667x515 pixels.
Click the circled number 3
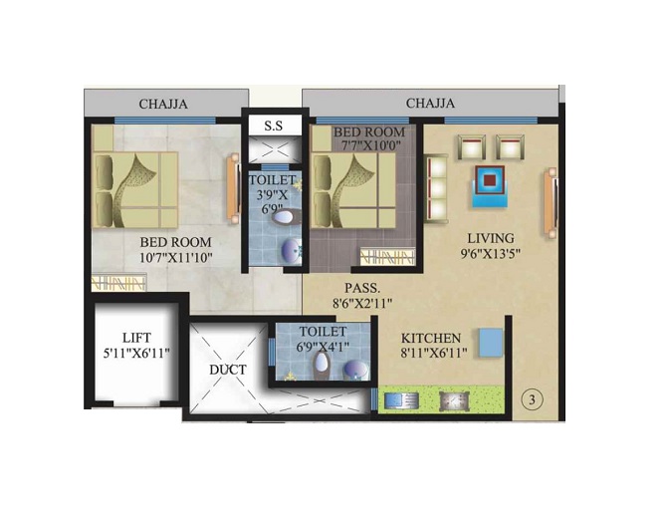coord(532,400)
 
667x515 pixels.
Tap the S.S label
coord(273,126)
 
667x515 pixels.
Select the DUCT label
coord(228,370)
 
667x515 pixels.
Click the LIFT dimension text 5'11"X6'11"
coord(136,353)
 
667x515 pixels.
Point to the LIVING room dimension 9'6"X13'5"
coord(491,254)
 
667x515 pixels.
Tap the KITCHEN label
coord(431,339)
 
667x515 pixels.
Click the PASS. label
coord(362,288)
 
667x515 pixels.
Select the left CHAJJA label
coord(163,104)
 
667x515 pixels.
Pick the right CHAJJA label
coord(430,103)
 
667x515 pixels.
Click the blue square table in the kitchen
coord(491,343)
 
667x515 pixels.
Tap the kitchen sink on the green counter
coord(401,400)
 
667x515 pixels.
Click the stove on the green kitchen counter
coord(454,400)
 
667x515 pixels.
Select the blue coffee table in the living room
coord(490,186)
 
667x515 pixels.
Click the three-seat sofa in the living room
coord(436,188)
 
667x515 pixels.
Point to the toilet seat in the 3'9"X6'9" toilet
coord(287,217)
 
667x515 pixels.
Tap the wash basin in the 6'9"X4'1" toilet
coord(355,369)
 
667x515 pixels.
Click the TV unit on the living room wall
coord(551,202)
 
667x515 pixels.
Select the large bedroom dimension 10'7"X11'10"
coord(176,257)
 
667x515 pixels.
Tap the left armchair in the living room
coord(471,146)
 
